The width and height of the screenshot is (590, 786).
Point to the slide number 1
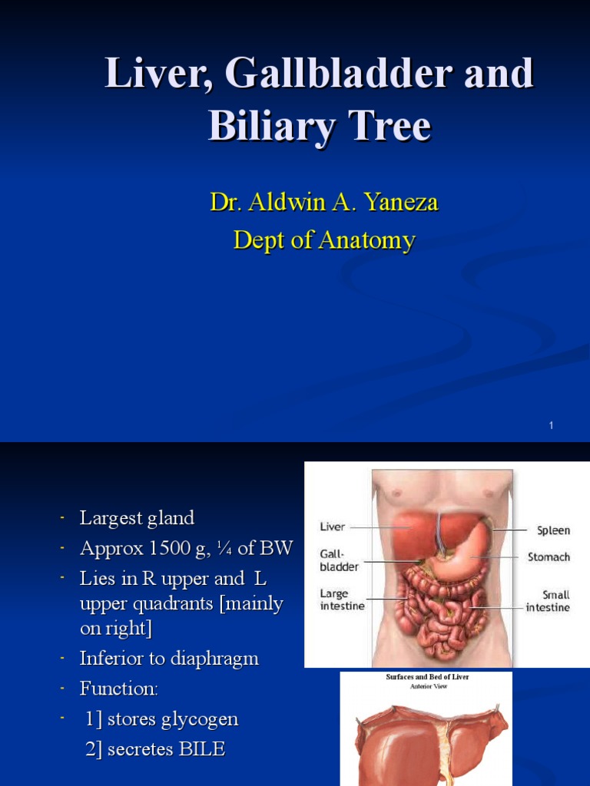(x=552, y=425)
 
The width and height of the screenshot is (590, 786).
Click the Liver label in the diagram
(x=333, y=527)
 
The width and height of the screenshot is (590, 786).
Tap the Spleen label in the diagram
(x=553, y=530)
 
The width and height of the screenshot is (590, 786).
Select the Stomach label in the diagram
(x=549, y=557)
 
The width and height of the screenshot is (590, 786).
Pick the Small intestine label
(x=548, y=600)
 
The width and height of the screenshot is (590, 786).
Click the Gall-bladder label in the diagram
(x=339, y=561)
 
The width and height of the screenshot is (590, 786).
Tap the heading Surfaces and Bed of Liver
(x=426, y=677)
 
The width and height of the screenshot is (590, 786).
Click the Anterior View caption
(x=426, y=686)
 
